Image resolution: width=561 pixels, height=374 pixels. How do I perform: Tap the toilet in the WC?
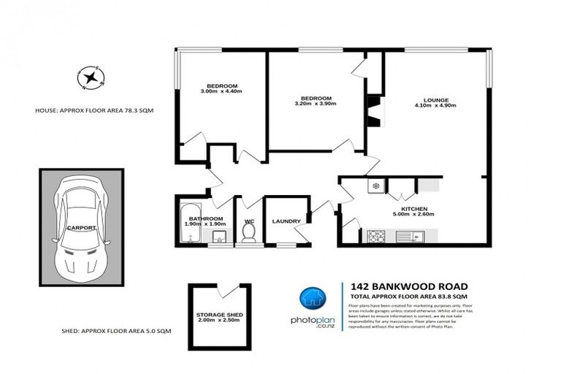pos(248,233)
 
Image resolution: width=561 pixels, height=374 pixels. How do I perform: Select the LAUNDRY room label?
pos(286,221)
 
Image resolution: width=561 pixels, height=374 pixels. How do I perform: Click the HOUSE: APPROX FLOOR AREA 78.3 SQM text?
pos(94,110)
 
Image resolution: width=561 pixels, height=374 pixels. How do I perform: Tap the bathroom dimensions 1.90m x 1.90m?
pos(205,224)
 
